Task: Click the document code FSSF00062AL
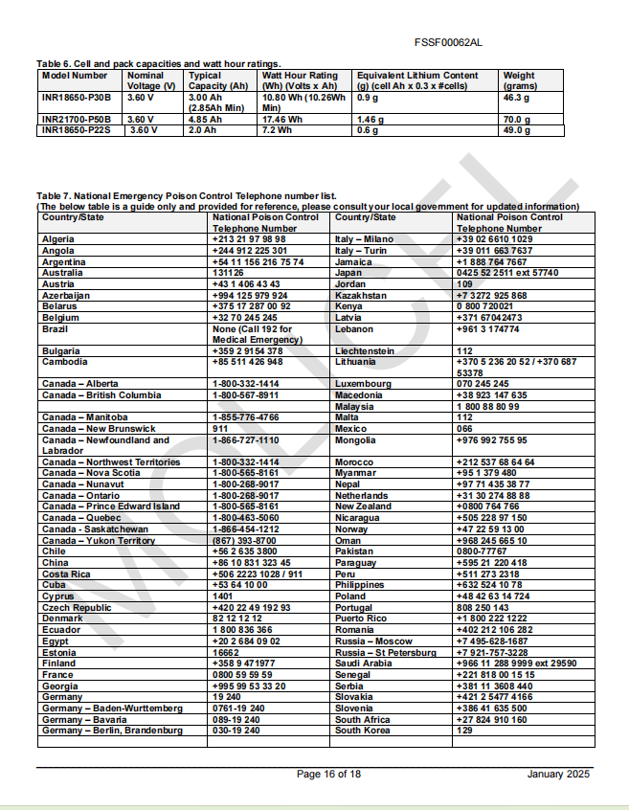point(450,43)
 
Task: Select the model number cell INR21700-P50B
point(77,120)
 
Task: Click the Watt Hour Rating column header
point(300,80)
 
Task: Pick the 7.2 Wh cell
point(277,130)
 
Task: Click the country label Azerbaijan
point(66,296)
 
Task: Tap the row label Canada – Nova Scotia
point(91,473)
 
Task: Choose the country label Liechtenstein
point(365,351)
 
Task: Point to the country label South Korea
point(363,731)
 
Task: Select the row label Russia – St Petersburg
point(384,652)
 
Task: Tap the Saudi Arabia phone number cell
point(516,664)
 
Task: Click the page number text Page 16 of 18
point(328,774)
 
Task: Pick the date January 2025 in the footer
point(558,774)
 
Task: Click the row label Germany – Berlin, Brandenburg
point(112,731)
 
